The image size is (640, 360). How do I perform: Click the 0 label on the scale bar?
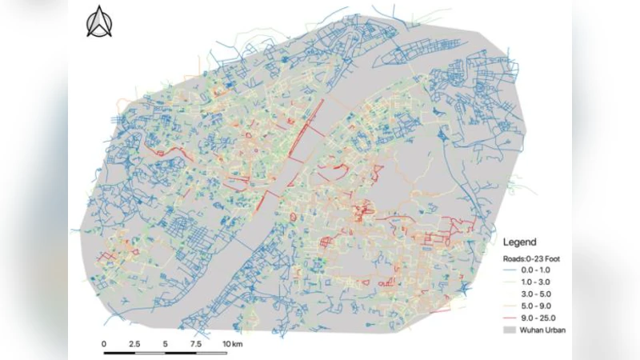coord(104,343)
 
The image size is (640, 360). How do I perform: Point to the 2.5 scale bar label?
coord(135,343)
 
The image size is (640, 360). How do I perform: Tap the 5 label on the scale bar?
coord(166,343)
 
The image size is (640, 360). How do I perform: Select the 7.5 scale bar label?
coord(196,343)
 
